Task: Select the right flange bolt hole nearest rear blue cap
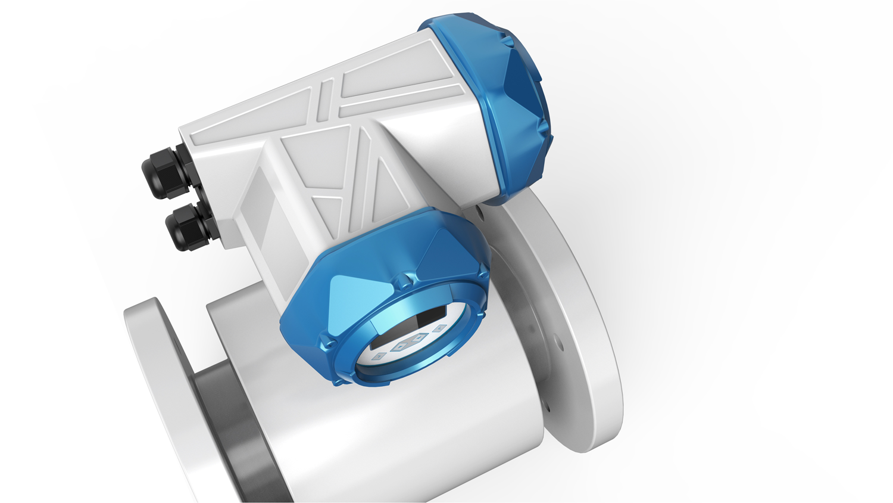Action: [x=480, y=210]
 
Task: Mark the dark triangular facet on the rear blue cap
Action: [x=524, y=83]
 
